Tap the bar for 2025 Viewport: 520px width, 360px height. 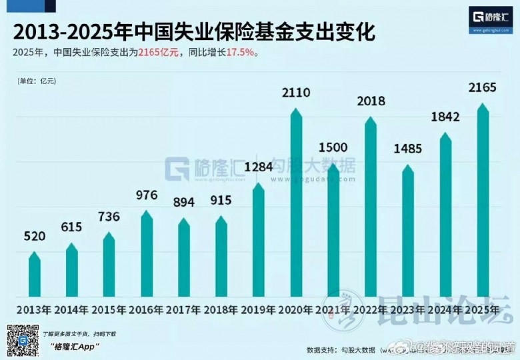(x=483, y=200)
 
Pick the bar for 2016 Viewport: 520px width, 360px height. (x=147, y=254)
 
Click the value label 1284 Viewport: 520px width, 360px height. (x=259, y=167)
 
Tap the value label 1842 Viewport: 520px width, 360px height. (x=445, y=117)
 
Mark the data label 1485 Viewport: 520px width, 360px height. (x=408, y=149)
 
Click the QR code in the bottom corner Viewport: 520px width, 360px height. (x=22, y=341)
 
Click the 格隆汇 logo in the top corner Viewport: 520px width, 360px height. (x=492, y=18)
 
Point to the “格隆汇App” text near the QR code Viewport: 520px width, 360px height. (x=74, y=345)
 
